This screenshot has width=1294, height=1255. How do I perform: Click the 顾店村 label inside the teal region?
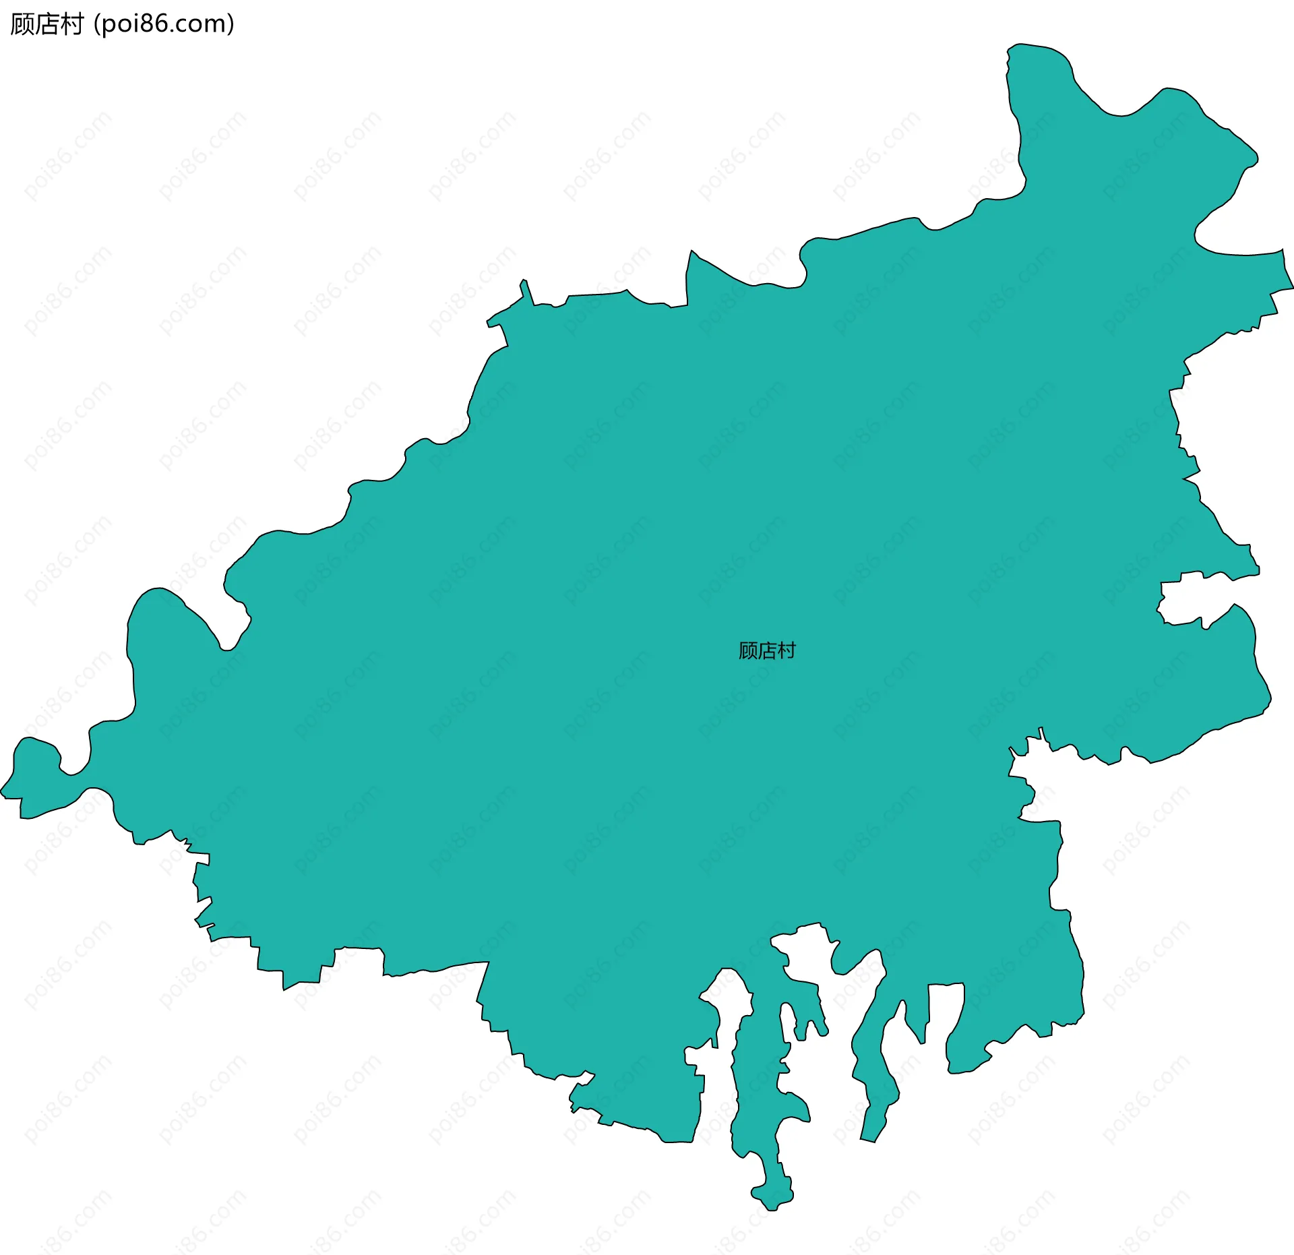pos(767,650)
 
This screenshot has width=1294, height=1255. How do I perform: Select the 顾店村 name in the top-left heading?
pos(47,24)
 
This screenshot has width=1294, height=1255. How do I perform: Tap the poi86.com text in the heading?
pos(164,24)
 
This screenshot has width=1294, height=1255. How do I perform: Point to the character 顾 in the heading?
pos(22,24)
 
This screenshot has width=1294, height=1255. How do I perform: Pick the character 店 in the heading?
pos(47,24)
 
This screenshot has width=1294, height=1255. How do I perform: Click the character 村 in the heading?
pos(71,24)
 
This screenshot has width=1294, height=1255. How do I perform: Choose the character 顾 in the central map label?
pos(748,650)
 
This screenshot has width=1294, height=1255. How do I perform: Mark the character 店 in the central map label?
pos(767,650)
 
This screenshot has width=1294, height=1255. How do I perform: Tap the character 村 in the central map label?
pos(787,650)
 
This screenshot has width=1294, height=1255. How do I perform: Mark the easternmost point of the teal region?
pos(1291,287)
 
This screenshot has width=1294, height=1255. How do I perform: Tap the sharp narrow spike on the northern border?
pos(524,283)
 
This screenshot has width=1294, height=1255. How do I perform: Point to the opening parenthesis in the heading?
pos(98,24)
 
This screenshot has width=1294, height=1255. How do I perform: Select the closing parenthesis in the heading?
pos(231,24)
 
